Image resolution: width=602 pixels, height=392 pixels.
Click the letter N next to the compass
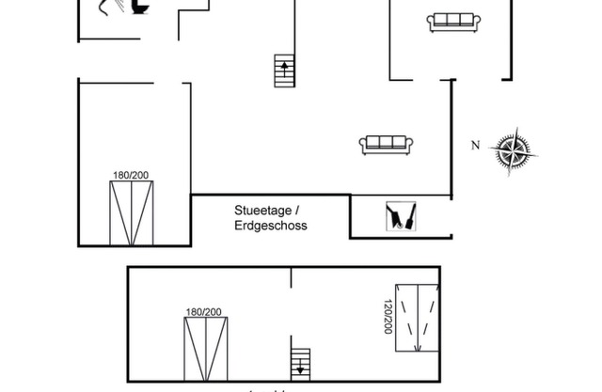pos(476,145)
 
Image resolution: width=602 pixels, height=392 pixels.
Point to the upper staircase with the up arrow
pos(283,70)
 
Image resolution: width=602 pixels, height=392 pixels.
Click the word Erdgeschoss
pos(271,226)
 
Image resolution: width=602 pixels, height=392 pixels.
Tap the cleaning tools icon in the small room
pos(402,217)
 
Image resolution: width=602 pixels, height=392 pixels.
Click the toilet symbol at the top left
pos(139,7)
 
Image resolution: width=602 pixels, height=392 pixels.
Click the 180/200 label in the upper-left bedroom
pos(131,175)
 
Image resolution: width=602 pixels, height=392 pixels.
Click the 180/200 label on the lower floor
pos(203,312)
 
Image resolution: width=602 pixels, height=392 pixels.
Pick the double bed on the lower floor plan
pos(205,349)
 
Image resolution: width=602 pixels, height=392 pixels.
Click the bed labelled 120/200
pos(417,317)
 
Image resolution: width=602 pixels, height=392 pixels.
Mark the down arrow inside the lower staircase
pos(300,367)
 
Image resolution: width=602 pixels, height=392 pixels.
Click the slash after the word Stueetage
pos(297,210)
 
